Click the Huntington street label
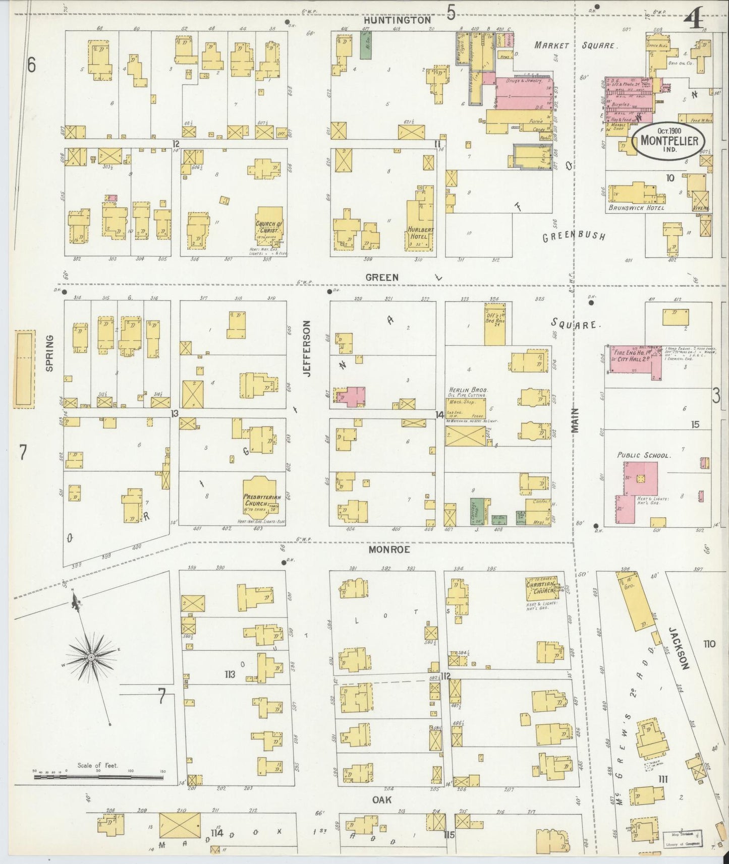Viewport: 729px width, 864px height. point(398,20)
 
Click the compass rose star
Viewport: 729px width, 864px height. point(91,657)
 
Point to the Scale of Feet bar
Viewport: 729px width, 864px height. point(99,791)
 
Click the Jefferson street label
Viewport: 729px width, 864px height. point(305,355)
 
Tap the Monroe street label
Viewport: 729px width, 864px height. point(388,549)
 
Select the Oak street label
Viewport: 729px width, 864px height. point(382,799)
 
